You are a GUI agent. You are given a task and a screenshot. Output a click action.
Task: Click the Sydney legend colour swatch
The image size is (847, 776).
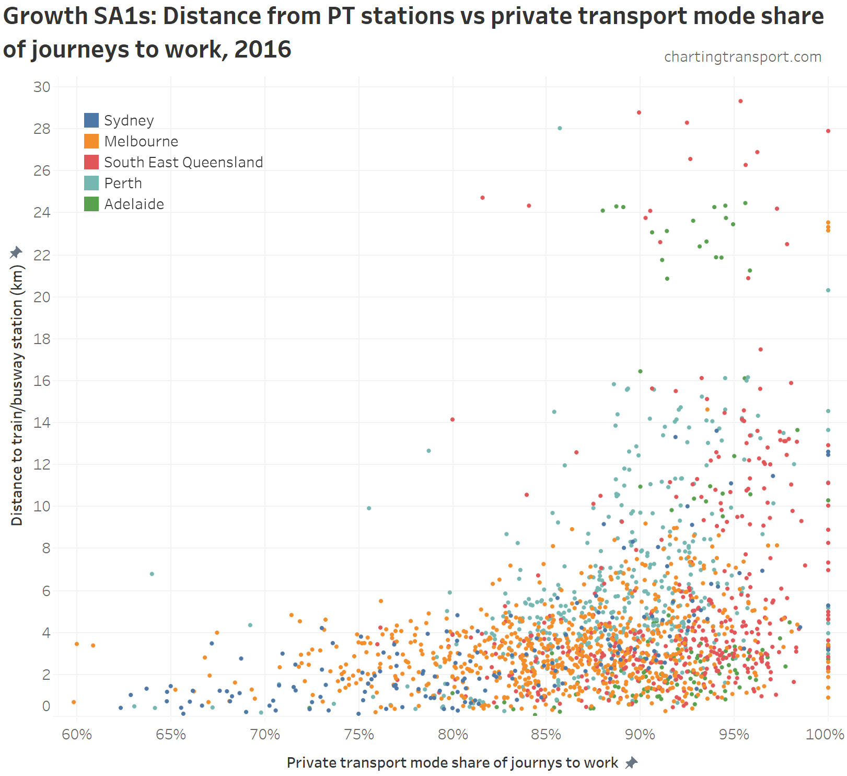tap(91, 120)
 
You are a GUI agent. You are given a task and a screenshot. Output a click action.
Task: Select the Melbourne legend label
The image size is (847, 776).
tap(141, 141)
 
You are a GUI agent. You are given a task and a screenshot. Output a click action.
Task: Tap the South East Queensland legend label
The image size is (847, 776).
tap(183, 162)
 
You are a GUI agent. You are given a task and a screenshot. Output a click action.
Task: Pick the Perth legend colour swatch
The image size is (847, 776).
tap(91, 183)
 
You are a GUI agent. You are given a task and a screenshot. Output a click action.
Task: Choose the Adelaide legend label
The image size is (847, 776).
tap(134, 204)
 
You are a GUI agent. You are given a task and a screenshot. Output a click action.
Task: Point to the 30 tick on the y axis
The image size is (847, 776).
tap(42, 87)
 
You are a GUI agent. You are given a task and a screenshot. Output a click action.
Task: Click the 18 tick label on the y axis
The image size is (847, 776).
tap(42, 339)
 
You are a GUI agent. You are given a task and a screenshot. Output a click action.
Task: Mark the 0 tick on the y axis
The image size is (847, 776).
tap(47, 706)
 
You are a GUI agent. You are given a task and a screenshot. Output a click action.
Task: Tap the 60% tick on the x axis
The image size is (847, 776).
tap(77, 735)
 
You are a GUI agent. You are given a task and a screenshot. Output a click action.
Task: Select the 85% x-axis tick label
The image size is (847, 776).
tap(546, 735)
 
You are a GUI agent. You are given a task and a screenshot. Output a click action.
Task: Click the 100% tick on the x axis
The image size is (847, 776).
tap(825, 735)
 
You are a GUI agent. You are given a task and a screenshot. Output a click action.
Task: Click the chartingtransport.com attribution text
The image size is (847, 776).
tap(742, 56)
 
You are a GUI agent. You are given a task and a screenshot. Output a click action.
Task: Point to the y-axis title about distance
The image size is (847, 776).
tap(17, 395)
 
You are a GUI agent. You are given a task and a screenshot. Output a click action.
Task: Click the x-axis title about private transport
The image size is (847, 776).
tap(452, 763)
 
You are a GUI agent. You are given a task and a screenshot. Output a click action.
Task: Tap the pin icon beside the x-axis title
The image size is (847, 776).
tap(632, 763)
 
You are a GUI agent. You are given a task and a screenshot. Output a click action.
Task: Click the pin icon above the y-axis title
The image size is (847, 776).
tap(16, 253)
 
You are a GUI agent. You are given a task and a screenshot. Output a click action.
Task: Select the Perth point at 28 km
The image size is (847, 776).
tap(560, 128)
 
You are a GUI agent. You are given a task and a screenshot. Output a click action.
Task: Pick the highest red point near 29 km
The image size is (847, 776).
tap(740, 101)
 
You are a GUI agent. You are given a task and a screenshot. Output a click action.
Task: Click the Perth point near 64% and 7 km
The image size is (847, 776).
tap(152, 574)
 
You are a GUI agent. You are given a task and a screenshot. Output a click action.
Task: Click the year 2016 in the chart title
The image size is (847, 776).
tap(263, 49)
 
